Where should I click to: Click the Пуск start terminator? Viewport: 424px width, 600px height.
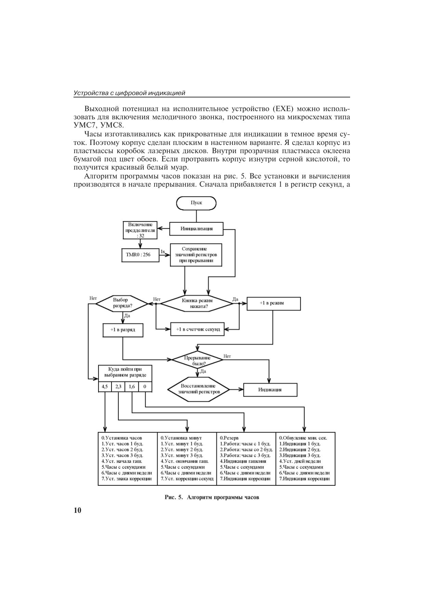(196, 203)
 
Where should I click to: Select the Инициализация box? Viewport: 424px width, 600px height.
(196, 229)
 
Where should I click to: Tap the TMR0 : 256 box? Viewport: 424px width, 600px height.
(140, 255)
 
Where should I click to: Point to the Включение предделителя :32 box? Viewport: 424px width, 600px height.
(140, 230)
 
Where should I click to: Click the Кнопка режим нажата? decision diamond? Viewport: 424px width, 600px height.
(197, 303)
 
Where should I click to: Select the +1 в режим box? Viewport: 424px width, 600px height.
(274, 303)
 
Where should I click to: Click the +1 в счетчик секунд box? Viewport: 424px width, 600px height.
(198, 329)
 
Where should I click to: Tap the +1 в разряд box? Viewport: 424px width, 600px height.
(122, 330)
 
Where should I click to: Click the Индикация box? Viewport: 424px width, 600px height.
(270, 389)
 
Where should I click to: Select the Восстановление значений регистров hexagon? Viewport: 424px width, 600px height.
(199, 389)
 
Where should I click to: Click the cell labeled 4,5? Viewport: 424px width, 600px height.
(105, 387)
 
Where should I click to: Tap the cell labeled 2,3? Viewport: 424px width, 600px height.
(118, 387)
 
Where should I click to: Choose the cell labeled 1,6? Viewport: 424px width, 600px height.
(132, 387)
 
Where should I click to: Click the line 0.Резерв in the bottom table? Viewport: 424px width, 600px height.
(229, 438)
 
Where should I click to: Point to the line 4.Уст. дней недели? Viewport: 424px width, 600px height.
(300, 461)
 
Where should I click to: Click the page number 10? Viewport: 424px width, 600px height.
(77, 510)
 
